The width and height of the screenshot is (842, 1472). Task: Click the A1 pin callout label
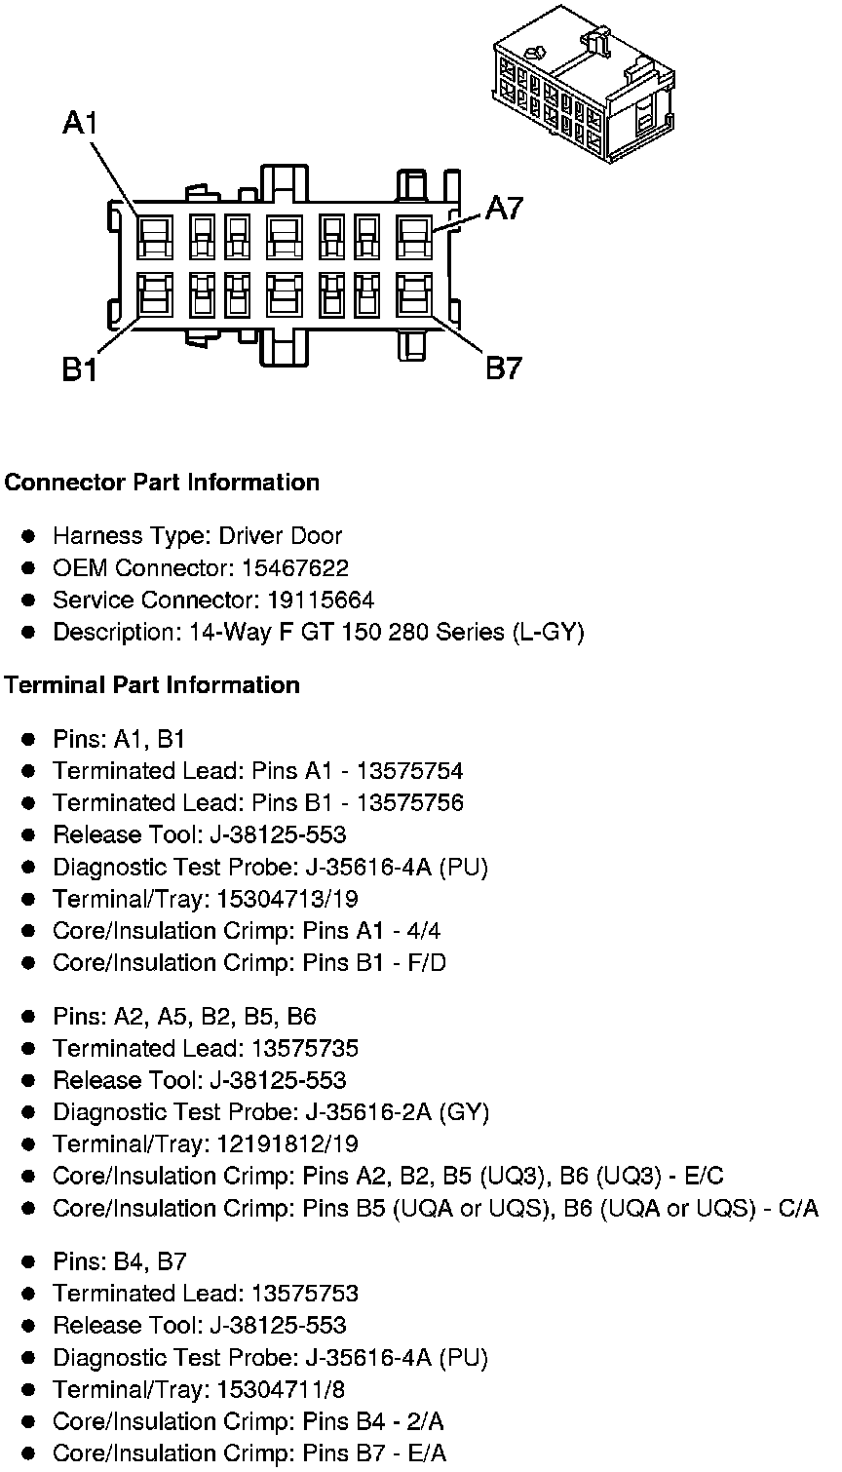(81, 123)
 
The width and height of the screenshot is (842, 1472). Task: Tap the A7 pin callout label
(505, 208)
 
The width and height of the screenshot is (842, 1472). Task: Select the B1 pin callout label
(80, 370)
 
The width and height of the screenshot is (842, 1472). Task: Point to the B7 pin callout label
(504, 368)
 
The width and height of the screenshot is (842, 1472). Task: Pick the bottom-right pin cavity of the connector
(415, 293)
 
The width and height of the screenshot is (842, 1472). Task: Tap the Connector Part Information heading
(162, 483)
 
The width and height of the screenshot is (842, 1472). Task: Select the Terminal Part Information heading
(152, 685)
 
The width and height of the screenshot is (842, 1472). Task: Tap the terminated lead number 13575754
(410, 771)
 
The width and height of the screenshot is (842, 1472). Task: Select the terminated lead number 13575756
(410, 803)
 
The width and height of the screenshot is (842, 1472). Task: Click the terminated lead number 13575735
(305, 1049)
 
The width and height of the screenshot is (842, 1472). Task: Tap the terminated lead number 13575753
(305, 1294)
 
